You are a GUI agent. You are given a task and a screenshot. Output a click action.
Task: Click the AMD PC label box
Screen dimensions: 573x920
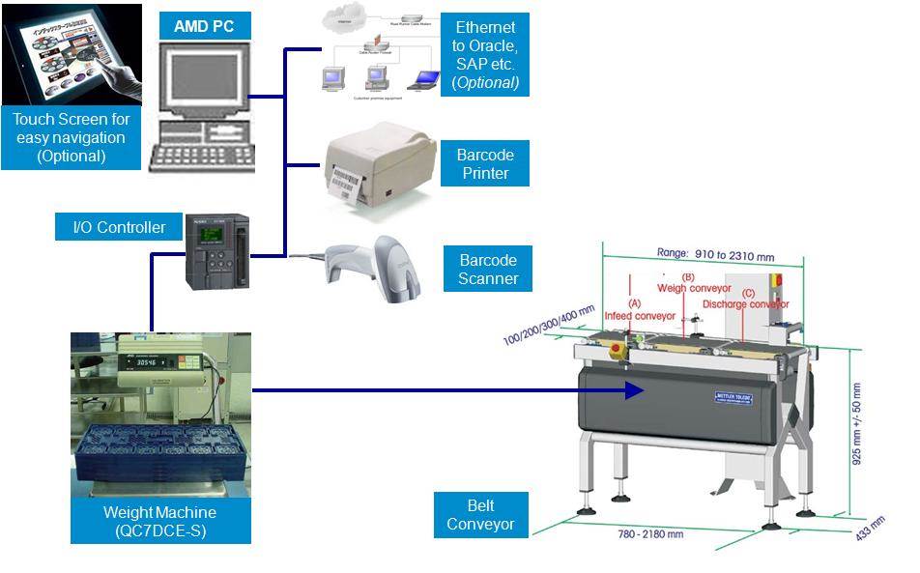[x=205, y=25]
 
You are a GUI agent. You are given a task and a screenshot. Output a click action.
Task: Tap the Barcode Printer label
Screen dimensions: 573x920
[x=486, y=165]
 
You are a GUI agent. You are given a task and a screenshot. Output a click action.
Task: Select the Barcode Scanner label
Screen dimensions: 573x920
[x=488, y=270]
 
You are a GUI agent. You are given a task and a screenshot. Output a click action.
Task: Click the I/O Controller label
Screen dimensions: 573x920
[x=120, y=228]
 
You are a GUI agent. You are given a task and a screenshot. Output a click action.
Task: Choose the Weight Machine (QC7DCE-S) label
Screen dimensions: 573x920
[x=159, y=521]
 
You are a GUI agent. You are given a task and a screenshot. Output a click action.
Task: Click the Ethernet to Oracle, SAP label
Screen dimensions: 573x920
[x=485, y=55]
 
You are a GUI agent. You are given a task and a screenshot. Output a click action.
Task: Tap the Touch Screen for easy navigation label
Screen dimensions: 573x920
[x=71, y=137]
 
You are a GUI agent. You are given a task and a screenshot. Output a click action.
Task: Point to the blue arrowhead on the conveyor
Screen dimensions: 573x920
[x=633, y=390]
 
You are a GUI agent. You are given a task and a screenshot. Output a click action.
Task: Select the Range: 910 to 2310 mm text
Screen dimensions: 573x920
[x=715, y=253]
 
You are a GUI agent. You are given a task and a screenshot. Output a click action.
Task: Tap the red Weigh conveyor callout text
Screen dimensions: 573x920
[x=694, y=288]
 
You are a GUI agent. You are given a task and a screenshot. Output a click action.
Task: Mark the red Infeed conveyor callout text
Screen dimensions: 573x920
[x=640, y=316]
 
